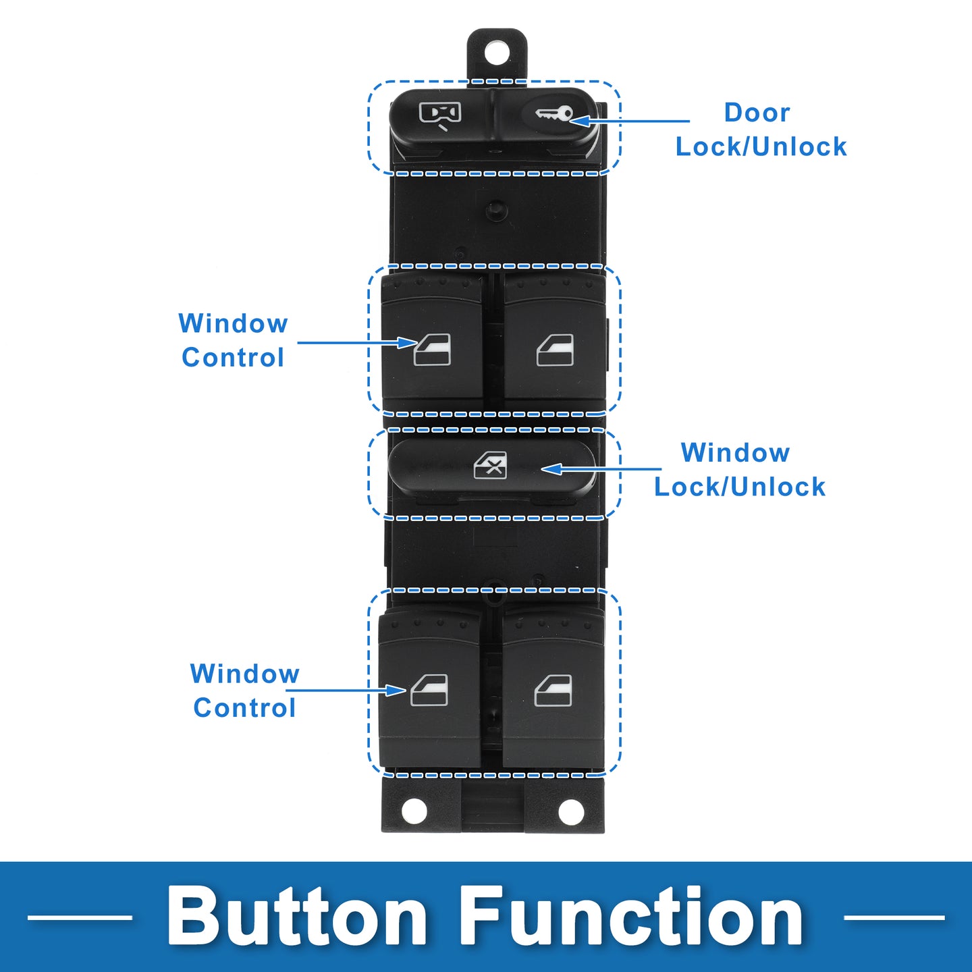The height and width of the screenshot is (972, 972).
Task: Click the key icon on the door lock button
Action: pos(554,114)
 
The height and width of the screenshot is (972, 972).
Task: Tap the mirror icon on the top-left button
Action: pos(440,114)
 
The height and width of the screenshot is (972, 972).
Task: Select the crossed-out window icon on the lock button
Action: pos(491,466)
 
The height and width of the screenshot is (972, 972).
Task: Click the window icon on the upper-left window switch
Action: pos(432,350)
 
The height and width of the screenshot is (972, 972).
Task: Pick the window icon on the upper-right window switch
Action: pos(555,350)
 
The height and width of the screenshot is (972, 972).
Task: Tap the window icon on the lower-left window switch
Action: pos(429,691)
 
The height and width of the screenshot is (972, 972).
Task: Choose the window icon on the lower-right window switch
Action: pos(553,691)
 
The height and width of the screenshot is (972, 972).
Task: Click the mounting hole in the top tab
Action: pos(497,53)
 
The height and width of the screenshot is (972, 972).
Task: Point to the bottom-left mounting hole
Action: pos(414,811)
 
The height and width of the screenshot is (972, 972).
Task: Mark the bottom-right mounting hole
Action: pos(571,812)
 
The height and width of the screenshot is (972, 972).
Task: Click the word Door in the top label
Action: pos(757,113)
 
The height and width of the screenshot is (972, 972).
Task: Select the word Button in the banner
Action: pos(298,917)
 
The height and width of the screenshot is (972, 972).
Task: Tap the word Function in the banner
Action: pos(633,917)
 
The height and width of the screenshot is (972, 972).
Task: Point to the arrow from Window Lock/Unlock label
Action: pos(601,468)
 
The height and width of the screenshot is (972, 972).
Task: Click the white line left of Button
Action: pos(80,917)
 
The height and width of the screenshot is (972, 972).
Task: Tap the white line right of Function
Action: pos(894,917)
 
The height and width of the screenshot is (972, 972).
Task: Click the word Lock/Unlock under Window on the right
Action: pos(740,487)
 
